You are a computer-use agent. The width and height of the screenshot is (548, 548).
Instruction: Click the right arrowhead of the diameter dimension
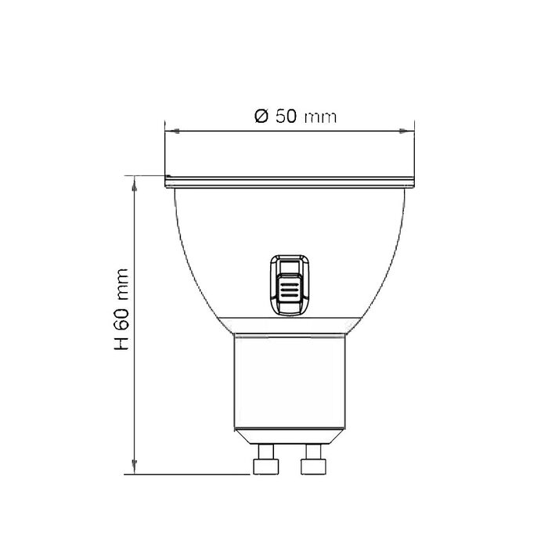(x=409, y=132)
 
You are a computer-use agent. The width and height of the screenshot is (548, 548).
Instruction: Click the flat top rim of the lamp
(x=289, y=182)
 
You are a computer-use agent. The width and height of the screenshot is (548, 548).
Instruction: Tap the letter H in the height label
(x=122, y=344)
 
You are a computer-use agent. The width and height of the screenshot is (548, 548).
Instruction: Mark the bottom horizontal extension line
(x=192, y=474)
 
